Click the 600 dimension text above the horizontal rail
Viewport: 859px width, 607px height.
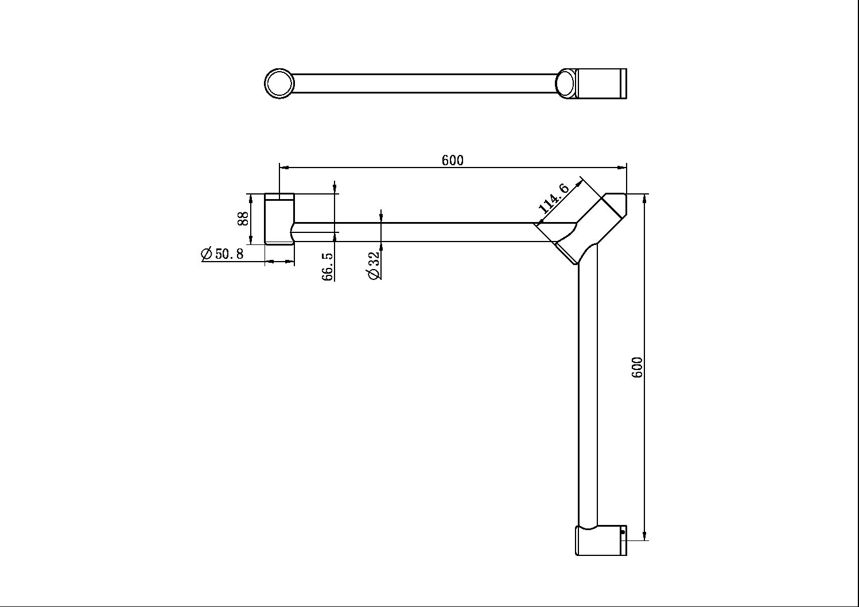pyautogui.click(x=452, y=160)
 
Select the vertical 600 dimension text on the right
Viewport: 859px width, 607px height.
pyautogui.click(x=637, y=367)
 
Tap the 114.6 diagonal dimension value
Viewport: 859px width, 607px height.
pyautogui.click(x=553, y=198)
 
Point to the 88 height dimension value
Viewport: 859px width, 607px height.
pyautogui.click(x=243, y=218)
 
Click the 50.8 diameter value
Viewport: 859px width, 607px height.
pyautogui.click(x=229, y=254)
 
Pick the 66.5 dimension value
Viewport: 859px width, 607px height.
pyautogui.click(x=328, y=266)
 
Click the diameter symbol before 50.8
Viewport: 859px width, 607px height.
pyautogui.click(x=207, y=254)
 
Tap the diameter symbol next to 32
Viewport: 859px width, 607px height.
pyautogui.click(x=374, y=274)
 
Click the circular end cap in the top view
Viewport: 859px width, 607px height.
pyautogui.click(x=279, y=83)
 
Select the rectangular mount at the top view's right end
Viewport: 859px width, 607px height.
pyautogui.click(x=601, y=83)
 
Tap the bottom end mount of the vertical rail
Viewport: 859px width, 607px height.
pyautogui.click(x=601, y=540)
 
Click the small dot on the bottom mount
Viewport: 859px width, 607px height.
pyautogui.click(x=623, y=532)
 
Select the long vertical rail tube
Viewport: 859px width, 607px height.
pyautogui.click(x=588, y=390)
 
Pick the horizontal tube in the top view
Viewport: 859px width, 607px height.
pyautogui.click(x=425, y=83)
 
